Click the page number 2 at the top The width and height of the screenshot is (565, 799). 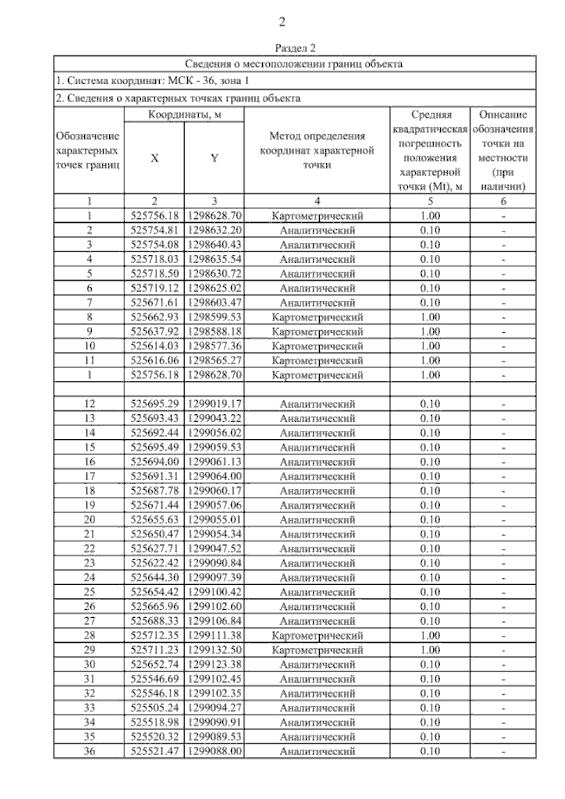282,22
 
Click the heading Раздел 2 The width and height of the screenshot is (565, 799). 295,48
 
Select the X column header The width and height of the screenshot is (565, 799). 154,158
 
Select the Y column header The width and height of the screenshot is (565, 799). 214,158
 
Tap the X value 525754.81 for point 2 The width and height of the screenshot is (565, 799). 154,230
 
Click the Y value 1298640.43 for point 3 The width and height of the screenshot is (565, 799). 214,245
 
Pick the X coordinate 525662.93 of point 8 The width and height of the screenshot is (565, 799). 154,317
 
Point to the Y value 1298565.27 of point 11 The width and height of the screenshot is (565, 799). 214,361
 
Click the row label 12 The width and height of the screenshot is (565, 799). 89,404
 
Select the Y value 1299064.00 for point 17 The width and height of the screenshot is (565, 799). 214,476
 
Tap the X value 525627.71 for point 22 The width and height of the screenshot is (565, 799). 154,549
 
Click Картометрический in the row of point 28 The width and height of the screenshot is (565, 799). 317,636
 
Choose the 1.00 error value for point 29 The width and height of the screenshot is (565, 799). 430,650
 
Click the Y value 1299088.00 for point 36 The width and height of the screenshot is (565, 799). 214,751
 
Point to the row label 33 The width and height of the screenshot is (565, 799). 89,708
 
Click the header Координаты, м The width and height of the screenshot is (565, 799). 184,114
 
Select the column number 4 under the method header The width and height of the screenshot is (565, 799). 317,202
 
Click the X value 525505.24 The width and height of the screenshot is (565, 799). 154,708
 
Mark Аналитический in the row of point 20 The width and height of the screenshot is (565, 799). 317,520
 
